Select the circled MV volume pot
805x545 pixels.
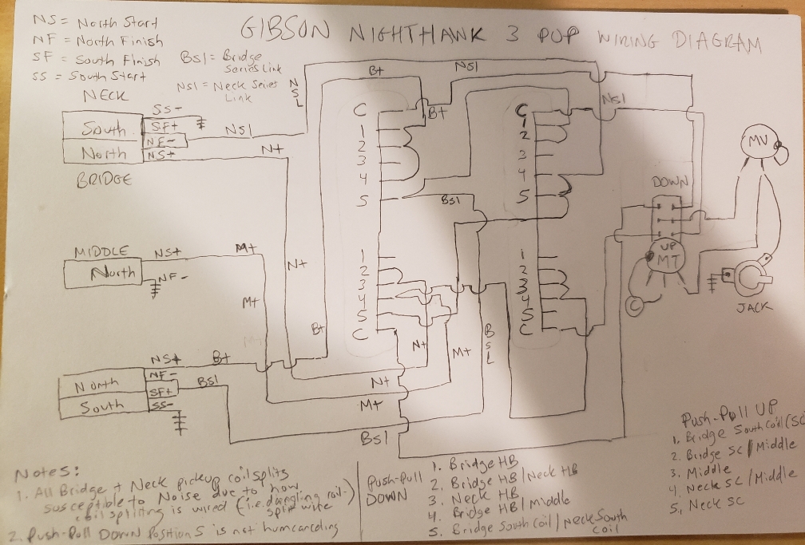click(757, 142)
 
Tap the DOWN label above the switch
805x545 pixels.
click(669, 182)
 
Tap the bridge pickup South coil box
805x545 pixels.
click(101, 406)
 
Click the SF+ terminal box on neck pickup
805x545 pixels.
click(163, 126)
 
